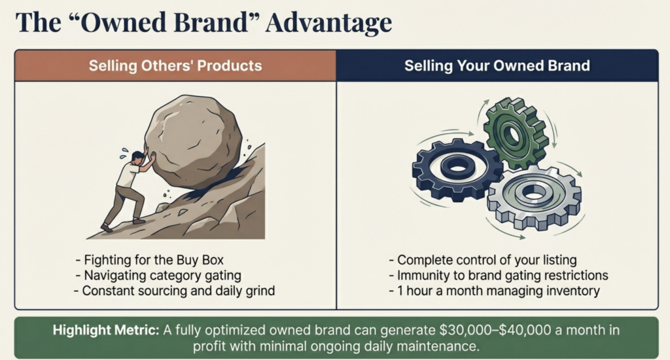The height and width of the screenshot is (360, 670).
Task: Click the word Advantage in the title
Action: click(328, 23)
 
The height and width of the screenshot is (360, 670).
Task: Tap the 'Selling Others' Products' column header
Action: click(175, 65)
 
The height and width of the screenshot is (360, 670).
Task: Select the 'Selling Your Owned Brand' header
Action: click(497, 65)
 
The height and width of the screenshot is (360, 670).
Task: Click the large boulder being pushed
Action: click(193, 141)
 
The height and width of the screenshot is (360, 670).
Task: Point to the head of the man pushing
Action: click(137, 157)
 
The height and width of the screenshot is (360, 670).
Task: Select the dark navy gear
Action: click(457, 170)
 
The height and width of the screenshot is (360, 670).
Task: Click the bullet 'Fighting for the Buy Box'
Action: click(149, 259)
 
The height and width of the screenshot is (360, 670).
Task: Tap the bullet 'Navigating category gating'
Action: click(158, 275)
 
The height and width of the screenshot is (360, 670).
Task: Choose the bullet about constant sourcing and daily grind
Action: click(174, 291)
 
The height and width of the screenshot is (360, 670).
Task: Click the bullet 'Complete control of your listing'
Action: click(483, 259)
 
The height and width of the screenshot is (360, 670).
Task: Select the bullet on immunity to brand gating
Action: click(499, 275)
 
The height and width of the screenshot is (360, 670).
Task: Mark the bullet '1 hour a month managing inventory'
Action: click(495, 291)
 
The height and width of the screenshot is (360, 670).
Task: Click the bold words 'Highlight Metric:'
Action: click(106, 330)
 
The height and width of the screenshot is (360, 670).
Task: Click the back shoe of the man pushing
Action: click(106, 228)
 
